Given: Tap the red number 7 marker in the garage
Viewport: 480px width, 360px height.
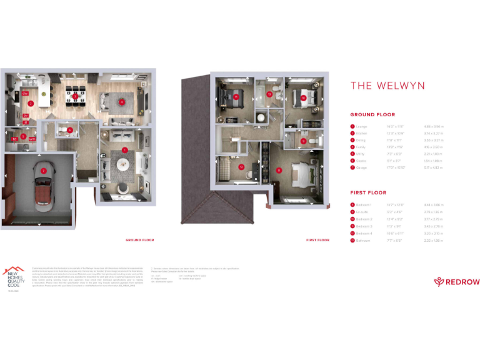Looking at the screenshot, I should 43,170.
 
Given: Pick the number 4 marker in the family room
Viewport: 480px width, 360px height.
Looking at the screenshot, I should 122,102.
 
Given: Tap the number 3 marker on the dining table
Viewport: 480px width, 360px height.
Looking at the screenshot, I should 75,97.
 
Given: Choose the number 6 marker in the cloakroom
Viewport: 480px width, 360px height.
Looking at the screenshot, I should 70,130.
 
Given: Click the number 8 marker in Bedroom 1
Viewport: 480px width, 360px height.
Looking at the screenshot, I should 279,169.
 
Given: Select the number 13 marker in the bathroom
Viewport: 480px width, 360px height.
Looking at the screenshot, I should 269,94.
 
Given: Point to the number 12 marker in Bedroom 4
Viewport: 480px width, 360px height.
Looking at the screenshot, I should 241,167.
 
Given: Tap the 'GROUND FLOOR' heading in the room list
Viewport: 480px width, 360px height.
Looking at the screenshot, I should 372,115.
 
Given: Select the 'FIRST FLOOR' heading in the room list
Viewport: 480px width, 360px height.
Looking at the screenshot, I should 367,193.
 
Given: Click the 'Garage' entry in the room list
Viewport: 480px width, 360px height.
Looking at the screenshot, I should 361,168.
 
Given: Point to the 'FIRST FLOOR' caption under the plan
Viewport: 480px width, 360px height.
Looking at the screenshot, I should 317,240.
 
